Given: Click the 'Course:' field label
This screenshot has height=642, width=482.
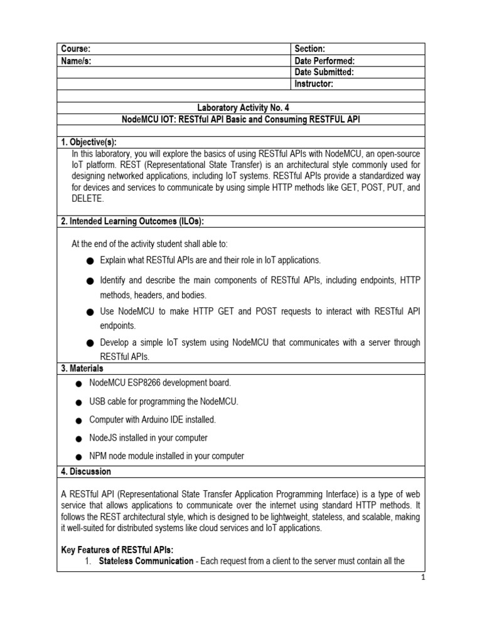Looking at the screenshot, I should (75, 49).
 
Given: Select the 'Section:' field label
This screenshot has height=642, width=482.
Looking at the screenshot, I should (309, 49).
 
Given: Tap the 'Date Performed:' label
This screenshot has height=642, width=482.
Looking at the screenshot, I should (324, 61).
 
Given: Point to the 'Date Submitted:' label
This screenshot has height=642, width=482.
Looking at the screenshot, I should (324, 72).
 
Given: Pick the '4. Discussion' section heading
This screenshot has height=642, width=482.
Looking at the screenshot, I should (85, 471).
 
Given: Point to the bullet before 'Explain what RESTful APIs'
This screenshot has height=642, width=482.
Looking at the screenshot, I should (90, 260).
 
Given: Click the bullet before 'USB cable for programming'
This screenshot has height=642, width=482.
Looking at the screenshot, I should (78, 402).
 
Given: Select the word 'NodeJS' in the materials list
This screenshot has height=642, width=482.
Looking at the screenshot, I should (104, 438).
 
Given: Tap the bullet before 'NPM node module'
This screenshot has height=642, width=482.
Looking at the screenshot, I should (78, 456).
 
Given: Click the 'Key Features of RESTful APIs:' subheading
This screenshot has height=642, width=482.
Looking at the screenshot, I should (117, 550).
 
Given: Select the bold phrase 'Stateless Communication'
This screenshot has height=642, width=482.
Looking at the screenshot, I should (146, 561).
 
